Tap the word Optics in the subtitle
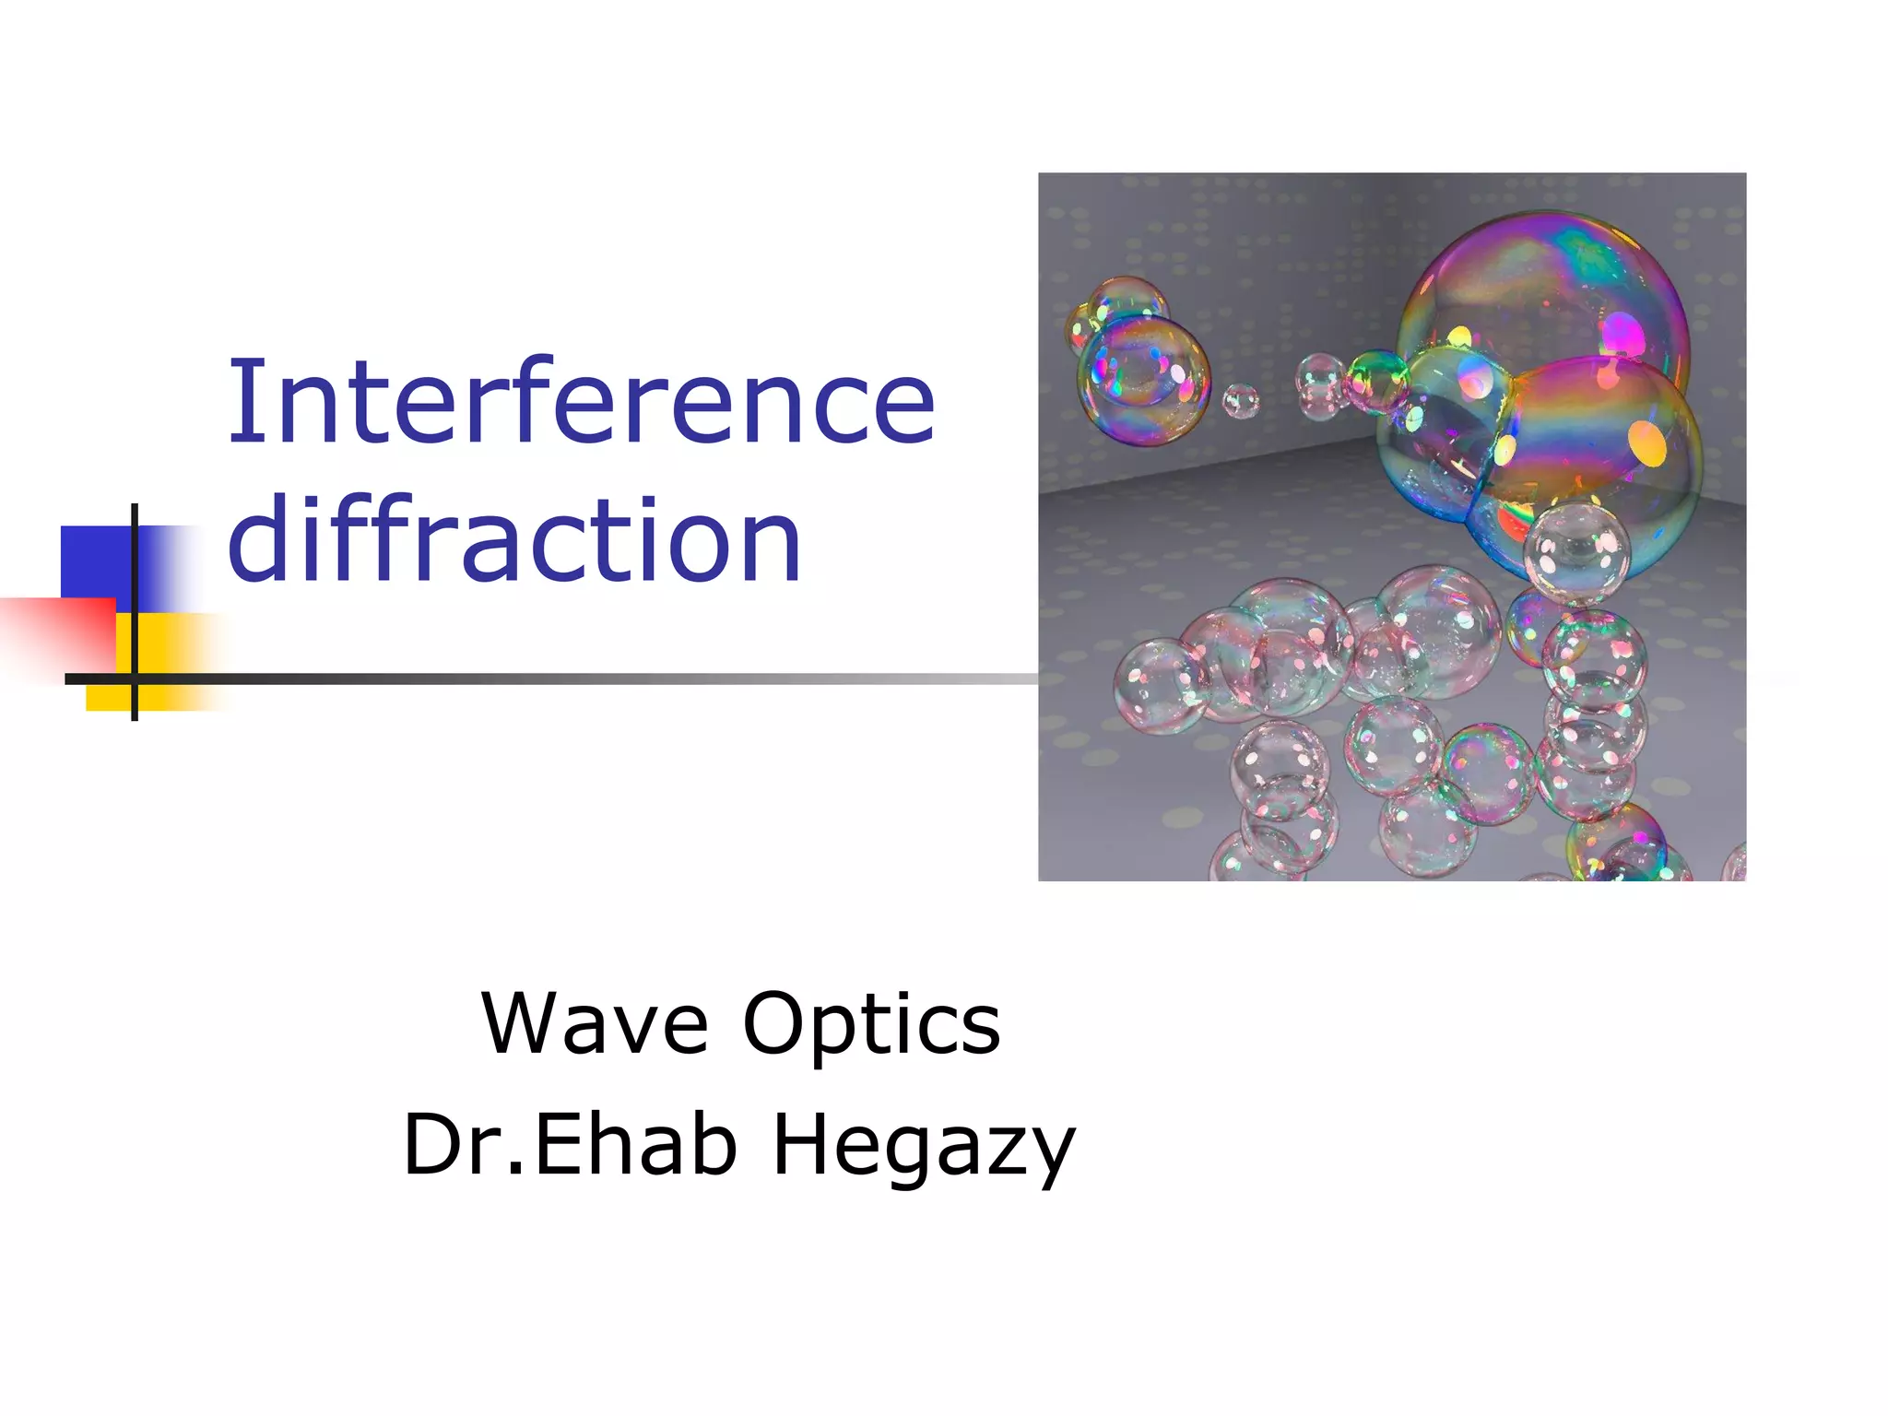coord(871,1025)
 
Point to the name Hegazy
coord(923,1146)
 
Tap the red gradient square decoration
coord(55,636)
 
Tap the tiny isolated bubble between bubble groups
coord(1240,401)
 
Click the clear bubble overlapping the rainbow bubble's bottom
coord(1576,551)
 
